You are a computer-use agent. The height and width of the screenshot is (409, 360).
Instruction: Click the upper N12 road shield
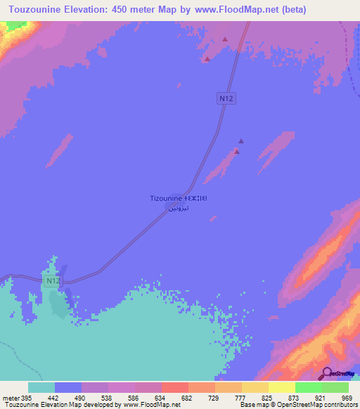226,99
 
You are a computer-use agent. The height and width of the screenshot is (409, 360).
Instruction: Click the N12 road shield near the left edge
51,280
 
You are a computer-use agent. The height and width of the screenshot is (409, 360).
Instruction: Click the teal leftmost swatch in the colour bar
41,388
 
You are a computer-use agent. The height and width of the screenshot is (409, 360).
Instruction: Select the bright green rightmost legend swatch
335,388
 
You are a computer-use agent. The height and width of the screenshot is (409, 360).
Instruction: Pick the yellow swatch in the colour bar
281,388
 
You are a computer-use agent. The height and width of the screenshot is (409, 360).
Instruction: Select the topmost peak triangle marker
224,39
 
